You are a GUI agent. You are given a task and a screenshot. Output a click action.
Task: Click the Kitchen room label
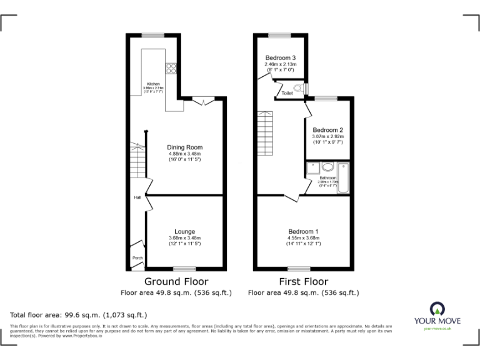pyautogui.click(x=153, y=84)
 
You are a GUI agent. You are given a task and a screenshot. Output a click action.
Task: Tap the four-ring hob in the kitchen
pyautogui.click(x=171, y=68)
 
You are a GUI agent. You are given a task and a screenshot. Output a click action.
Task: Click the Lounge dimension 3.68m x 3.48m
pyautogui.click(x=184, y=237)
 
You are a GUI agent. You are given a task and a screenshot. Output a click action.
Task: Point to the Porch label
pyautogui.click(x=137, y=258)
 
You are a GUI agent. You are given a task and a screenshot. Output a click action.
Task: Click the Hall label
pyautogui.click(x=137, y=198)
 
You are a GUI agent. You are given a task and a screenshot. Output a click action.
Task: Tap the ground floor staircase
pyautogui.click(x=137, y=159)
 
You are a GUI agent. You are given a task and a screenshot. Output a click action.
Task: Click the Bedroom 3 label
pyautogui.click(x=281, y=57)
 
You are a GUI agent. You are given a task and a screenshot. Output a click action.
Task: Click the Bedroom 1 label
pyautogui.click(x=303, y=231)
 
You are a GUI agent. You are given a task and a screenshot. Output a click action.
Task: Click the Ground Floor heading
pyautogui.click(x=176, y=281)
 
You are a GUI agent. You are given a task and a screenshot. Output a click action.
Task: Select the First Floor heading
pyautogui.click(x=303, y=281)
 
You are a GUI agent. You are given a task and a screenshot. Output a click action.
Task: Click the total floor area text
pyautogui.click(x=78, y=315)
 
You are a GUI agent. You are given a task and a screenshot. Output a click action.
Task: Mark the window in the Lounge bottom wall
pyautogui.click(x=181, y=269)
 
